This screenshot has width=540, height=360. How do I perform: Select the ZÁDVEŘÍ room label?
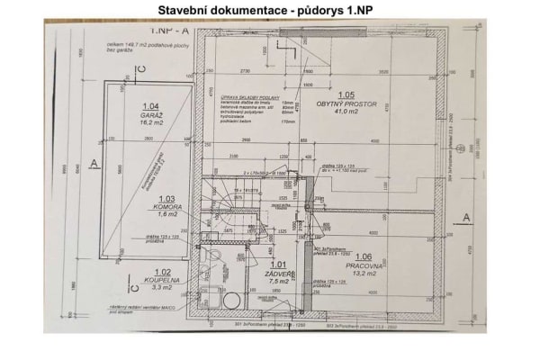tap(278, 274)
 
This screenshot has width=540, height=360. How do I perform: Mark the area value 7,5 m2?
tap(278, 282)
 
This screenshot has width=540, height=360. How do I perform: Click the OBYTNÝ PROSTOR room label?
tap(346, 103)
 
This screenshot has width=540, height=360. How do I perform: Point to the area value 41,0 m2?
tap(346, 112)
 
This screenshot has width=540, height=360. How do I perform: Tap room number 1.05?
tap(346, 94)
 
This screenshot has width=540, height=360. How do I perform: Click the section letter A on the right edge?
tap(465, 217)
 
